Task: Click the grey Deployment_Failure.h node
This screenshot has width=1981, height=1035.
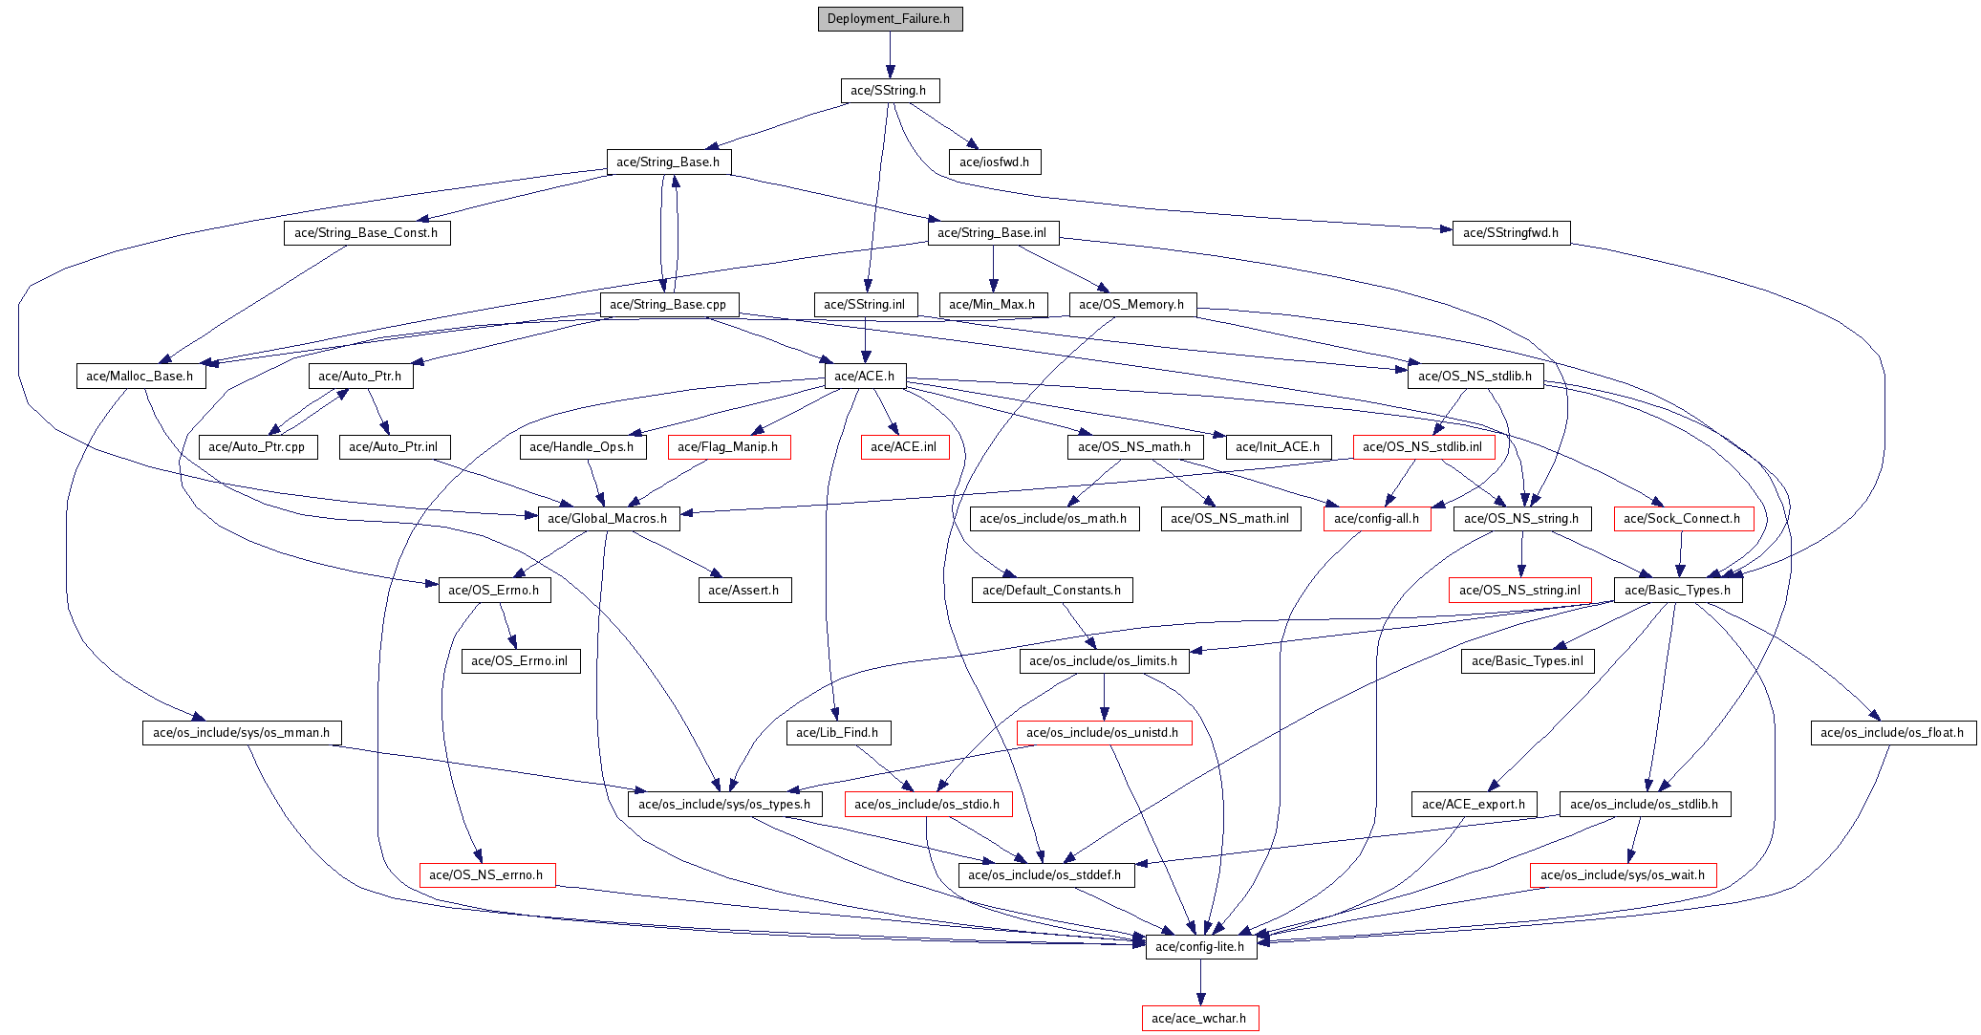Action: pyautogui.click(x=890, y=19)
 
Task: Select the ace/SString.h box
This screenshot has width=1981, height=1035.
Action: pyautogui.click(x=889, y=91)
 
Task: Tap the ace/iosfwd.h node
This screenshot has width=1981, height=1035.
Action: pyautogui.click(x=995, y=162)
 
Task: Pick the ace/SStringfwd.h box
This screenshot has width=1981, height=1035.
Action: pyautogui.click(x=1511, y=233)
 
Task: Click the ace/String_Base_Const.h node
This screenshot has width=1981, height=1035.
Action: pyautogui.click(x=366, y=233)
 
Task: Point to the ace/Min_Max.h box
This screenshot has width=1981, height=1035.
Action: pyautogui.click(x=993, y=305)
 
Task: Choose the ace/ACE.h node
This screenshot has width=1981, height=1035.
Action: pyautogui.click(x=865, y=377)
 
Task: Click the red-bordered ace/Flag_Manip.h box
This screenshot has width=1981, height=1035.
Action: pyautogui.click(x=728, y=447)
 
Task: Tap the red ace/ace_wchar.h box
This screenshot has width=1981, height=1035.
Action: pyautogui.click(x=1199, y=1019)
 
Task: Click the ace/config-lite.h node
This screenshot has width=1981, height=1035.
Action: pyautogui.click(x=1200, y=947)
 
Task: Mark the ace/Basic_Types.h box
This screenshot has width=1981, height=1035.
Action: pyautogui.click(x=1677, y=591)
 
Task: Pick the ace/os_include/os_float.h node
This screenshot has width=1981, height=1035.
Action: pyautogui.click(x=1892, y=733)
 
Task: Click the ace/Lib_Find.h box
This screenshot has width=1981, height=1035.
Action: pyautogui.click(x=838, y=733)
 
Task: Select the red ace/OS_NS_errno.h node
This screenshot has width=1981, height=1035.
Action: pyautogui.click(x=486, y=875)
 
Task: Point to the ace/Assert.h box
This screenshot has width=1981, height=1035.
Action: pyautogui.click(x=744, y=591)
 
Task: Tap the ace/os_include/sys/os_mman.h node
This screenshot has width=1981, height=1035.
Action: pyautogui.click(x=241, y=733)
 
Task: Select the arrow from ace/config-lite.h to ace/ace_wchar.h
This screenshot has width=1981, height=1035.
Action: pyautogui.click(x=1200, y=982)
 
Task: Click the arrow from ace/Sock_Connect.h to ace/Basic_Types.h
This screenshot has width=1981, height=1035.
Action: pyautogui.click(x=1681, y=554)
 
